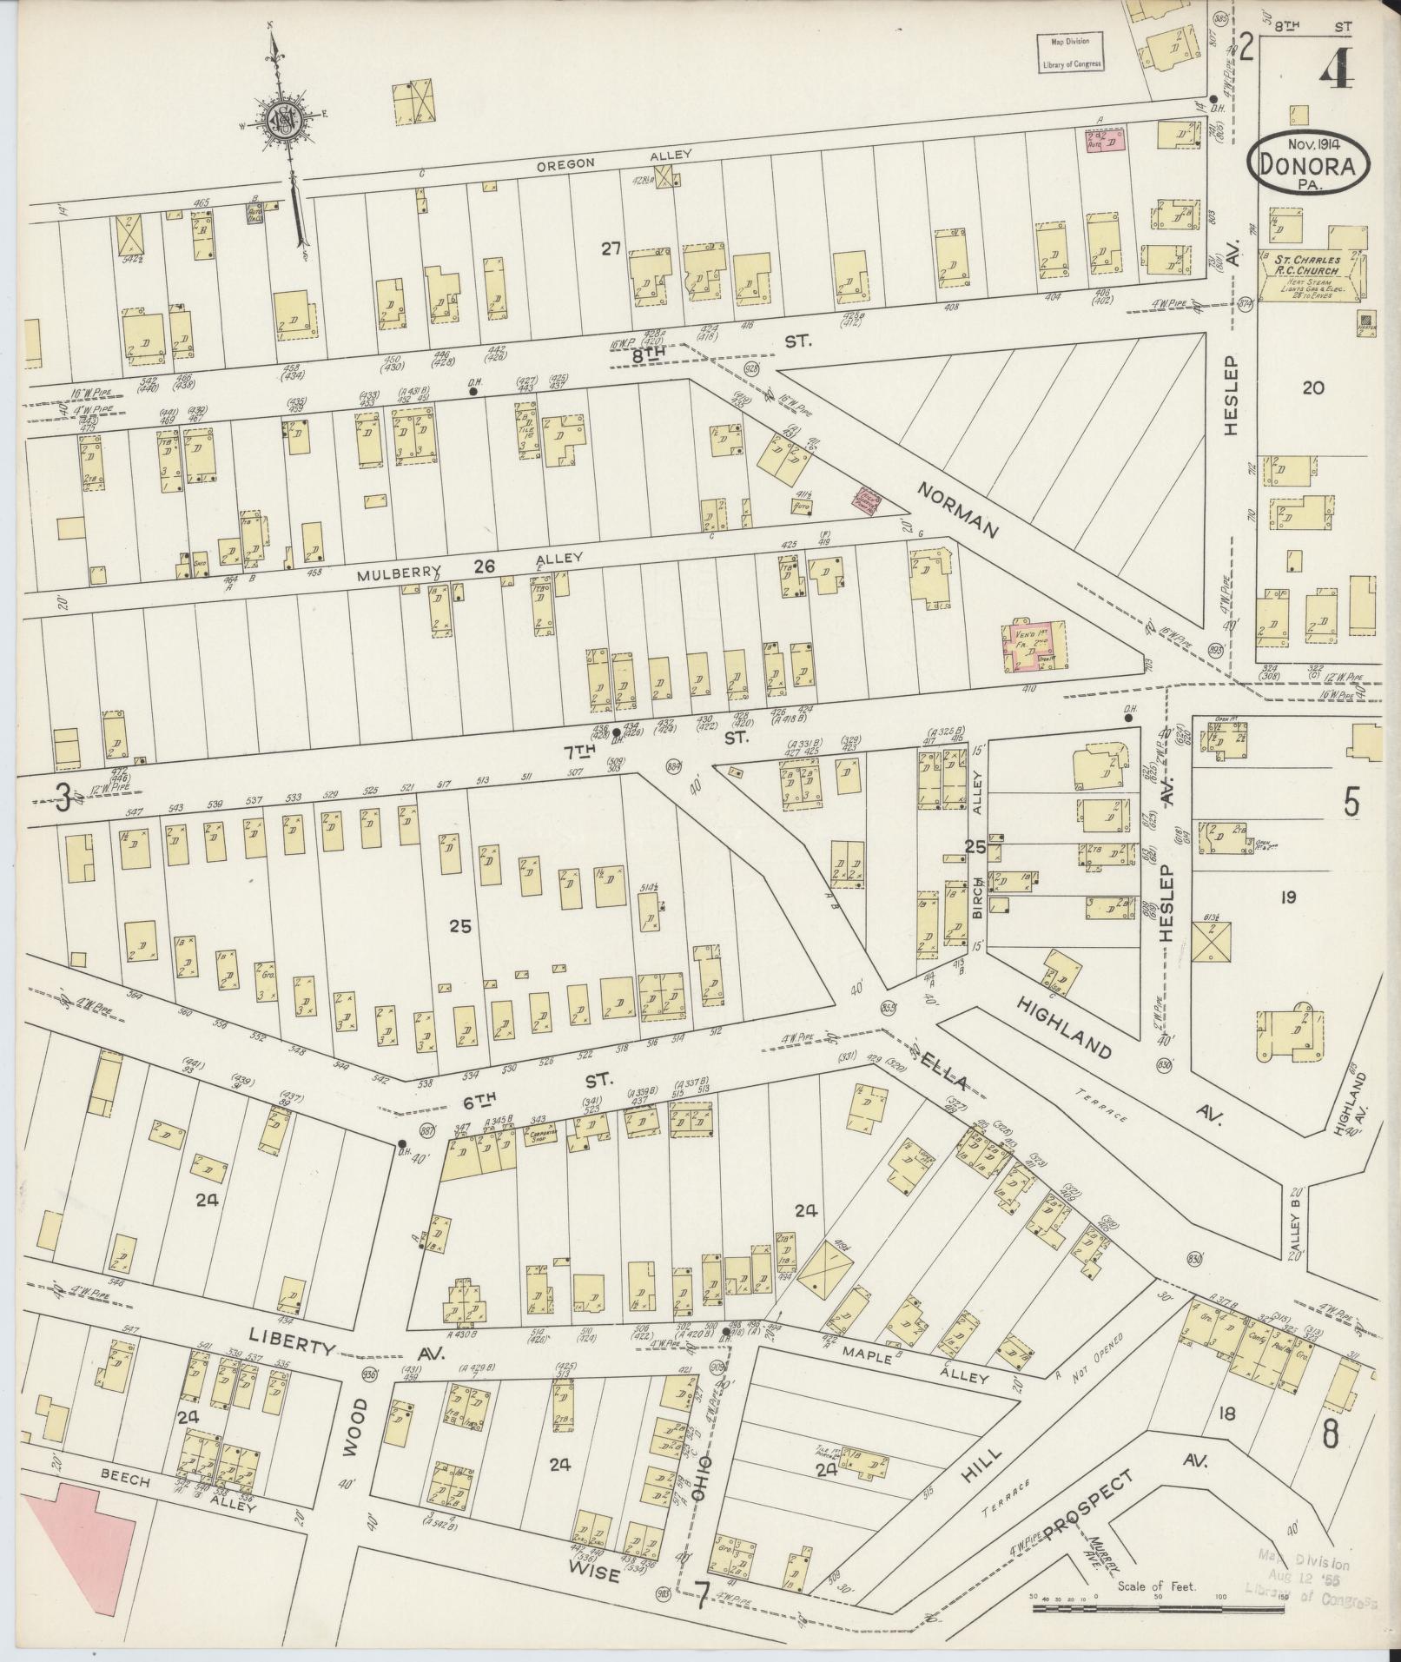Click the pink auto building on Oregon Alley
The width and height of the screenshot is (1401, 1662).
[1103, 142]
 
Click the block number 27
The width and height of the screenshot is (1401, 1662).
[611, 249]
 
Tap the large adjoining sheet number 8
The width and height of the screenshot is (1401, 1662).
[1330, 1434]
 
